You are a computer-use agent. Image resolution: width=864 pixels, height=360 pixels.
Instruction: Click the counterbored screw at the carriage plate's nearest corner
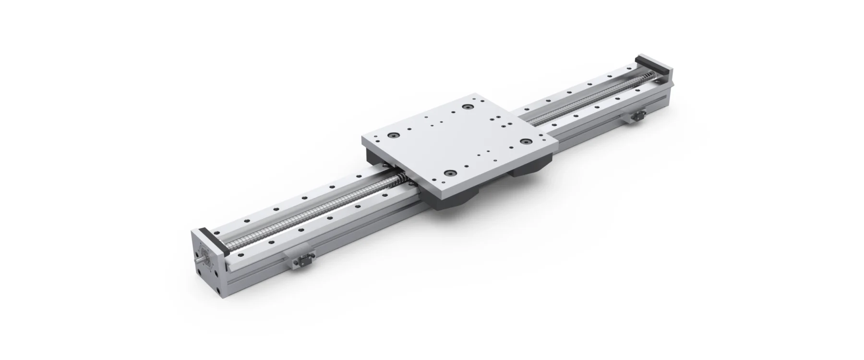coord(450,173)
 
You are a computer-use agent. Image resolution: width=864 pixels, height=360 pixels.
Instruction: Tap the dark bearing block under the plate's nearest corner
coord(456,202)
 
